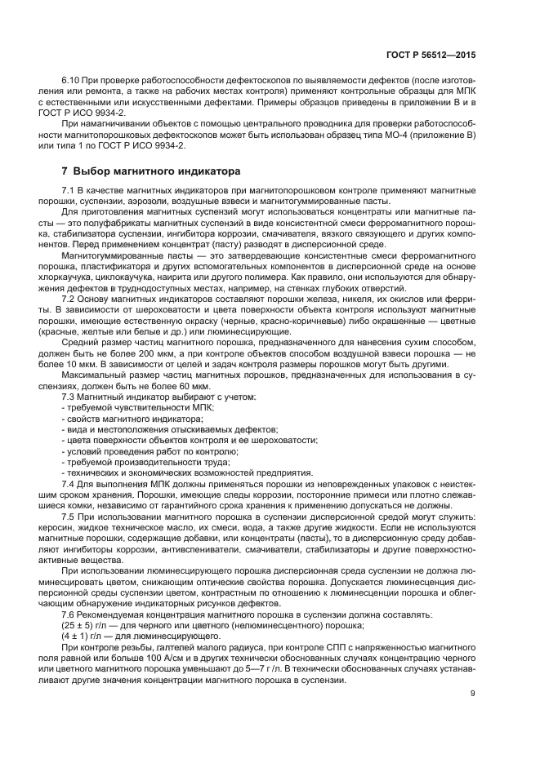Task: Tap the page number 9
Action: (x=473, y=694)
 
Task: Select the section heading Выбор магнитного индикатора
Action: (x=156, y=172)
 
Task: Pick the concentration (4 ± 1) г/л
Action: (x=81, y=635)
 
